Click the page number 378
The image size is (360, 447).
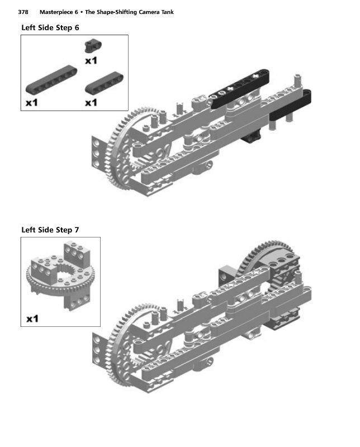click(23, 12)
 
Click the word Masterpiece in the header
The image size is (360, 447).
click(56, 12)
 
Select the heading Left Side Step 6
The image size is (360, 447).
click(50, 27)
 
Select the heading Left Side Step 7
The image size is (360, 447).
click(50, 230)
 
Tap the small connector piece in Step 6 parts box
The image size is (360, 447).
click(93, 46)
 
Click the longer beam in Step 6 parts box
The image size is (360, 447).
click(51, 79)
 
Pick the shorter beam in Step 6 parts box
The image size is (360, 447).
click(105, 83)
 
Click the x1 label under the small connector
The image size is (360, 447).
click(91, 60)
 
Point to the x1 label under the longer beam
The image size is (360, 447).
click(32, 103)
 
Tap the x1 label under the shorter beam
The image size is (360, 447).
click(91, 103)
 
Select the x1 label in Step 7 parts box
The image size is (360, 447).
click(32, 318)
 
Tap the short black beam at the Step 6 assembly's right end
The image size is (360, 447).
click(290, 104)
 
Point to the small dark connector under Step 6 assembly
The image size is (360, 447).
click(252, 136)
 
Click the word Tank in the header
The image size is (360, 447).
click(168, 12)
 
